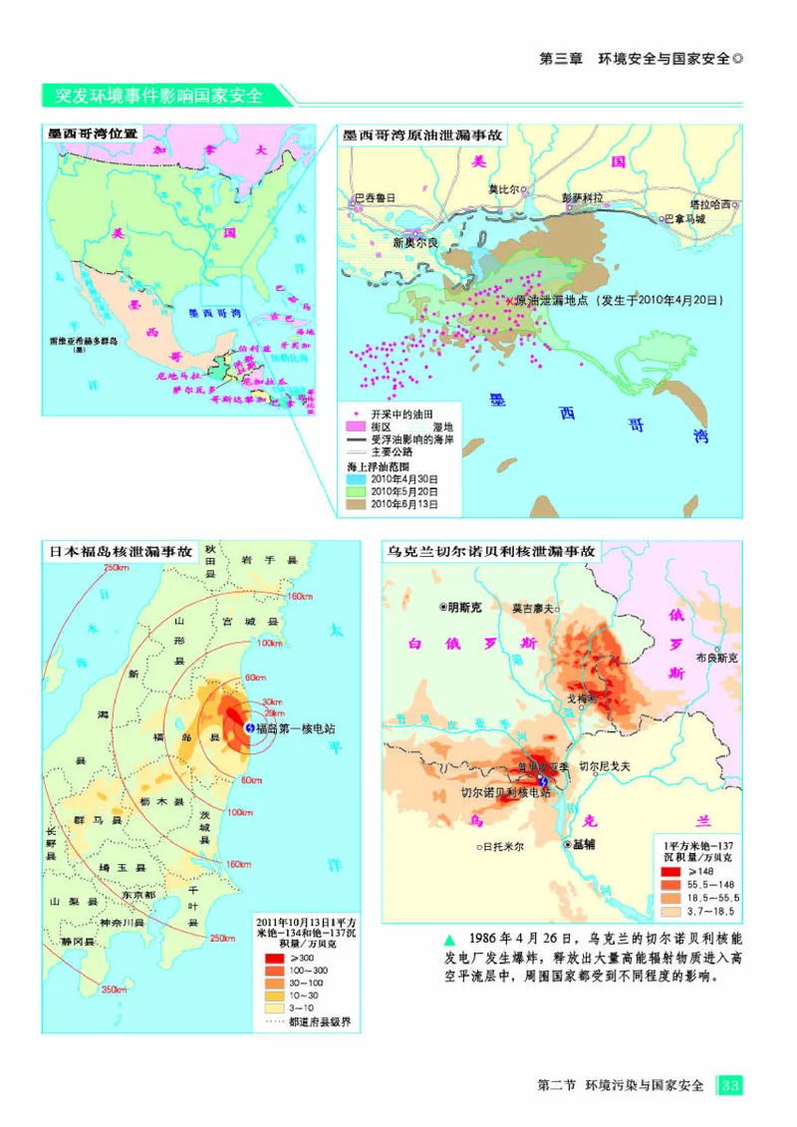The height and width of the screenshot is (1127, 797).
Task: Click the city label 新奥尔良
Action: pyautogui.click(x=415, y=242)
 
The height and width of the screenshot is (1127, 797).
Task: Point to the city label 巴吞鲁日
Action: pyautogui.click(x=377, y=197)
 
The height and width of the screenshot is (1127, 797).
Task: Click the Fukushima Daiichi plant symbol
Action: pyautogui.click(x=248, y=728)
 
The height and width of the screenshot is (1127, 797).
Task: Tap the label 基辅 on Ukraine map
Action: pyautogui.click(x=583, y=843)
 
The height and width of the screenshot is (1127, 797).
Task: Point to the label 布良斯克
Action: pyautogui.click(x=716, y=659)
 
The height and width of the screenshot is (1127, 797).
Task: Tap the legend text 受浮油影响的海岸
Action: pyautogui.click(x=411, y=438)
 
